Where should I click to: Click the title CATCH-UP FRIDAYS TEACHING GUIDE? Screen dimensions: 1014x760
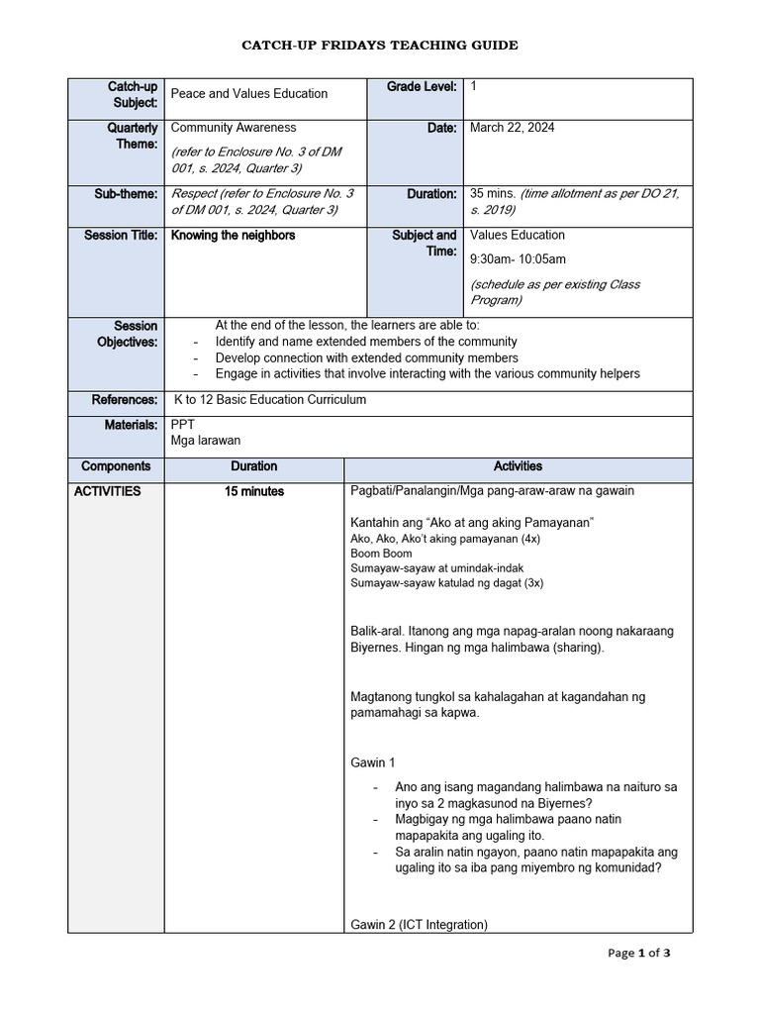[380, 46]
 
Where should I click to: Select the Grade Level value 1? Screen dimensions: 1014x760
[474, 87]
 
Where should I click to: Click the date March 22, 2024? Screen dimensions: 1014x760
[512, 128]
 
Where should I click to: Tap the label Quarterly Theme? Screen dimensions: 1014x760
[133, 136]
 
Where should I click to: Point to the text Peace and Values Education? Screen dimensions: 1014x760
[249, 94]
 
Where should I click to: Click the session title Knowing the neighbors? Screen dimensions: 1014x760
[234, 236]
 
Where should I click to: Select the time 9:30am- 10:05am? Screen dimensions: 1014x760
[519, 259]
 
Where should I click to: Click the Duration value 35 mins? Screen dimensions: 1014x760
[493, 194]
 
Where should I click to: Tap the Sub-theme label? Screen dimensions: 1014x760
[126, 194]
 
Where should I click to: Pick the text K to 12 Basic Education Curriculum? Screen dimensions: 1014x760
[270, 400]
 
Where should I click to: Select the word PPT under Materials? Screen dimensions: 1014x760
[183, 424]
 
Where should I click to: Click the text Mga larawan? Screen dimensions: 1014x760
[206, 441]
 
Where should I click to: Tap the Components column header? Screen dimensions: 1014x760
[116, 466]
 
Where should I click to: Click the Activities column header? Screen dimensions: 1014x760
[518, 466]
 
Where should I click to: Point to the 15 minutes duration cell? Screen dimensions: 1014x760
[254, 491]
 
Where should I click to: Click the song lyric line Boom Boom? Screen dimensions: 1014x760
[381, 554]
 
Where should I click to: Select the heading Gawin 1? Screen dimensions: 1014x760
[373, 762]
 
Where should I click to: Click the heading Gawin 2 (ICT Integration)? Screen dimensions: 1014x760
[420, 925]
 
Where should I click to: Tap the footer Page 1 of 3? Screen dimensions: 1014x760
[639, 954]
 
